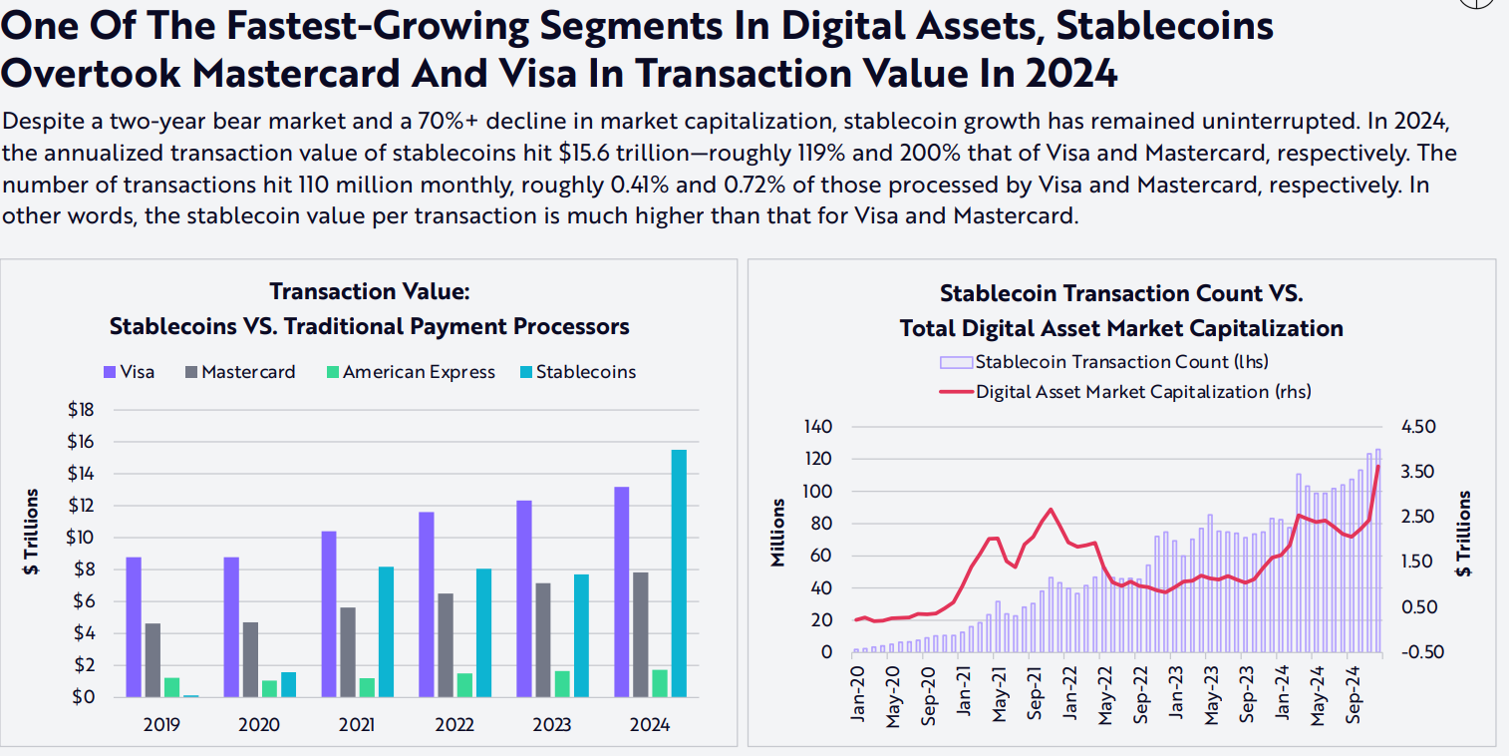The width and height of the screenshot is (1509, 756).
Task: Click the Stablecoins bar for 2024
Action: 679,573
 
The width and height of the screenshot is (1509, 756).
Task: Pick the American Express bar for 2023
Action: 562,683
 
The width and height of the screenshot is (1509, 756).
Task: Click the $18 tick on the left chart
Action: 81,410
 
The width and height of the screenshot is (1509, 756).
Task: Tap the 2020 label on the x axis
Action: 259,725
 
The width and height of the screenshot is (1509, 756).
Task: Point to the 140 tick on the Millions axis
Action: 817,427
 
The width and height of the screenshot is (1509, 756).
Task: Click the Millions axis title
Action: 779,534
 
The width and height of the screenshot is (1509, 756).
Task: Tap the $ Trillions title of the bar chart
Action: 33,532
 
